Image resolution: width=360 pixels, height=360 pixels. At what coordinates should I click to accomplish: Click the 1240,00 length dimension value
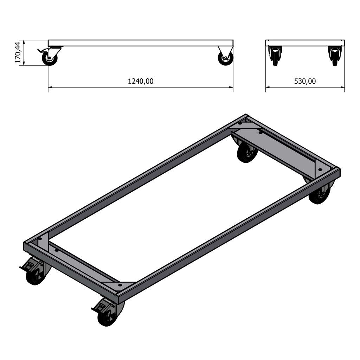[141, 81]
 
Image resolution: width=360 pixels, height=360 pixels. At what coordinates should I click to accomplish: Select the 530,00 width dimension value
[305, 81]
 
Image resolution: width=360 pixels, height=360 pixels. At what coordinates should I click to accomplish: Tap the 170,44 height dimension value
[18, 52]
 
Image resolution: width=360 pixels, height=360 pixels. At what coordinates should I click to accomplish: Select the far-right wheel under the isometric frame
[319, 195]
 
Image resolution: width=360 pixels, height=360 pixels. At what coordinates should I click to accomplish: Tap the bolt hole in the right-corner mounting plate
[320, 169]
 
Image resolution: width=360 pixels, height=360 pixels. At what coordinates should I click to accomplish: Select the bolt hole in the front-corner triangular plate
[120, 284]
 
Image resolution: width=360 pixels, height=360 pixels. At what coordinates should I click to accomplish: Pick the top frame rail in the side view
[141, 43]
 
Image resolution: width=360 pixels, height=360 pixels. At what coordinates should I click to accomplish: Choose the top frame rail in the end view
[305, 43]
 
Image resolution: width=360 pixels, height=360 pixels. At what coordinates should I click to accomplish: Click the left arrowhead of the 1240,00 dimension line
[50, 87]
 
